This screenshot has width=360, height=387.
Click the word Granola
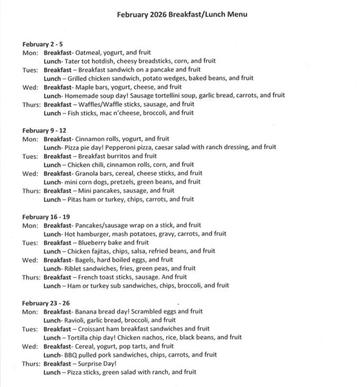click(88, 173)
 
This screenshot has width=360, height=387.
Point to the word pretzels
click(125, 182)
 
